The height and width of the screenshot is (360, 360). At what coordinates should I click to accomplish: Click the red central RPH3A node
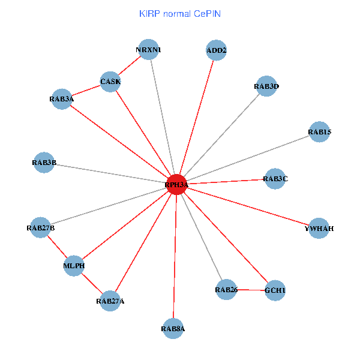(176, 185)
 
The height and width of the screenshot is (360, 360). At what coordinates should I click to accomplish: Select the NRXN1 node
(149, 50)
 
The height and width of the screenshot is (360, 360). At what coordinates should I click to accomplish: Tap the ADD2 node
(216, 50)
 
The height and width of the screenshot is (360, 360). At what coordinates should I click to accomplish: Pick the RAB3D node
(266, 86)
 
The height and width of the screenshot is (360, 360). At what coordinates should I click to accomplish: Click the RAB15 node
(319, 132)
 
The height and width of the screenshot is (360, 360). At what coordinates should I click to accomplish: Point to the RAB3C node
(275, 179)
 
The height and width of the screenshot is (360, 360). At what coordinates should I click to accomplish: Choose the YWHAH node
(319, 228)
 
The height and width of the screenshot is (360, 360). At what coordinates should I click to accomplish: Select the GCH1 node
(275, 290)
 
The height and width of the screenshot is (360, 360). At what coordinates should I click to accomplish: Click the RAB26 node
(226, 290)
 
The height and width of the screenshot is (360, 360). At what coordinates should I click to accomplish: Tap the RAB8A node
(173, 329)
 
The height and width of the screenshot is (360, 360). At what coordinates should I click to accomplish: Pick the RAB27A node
(110, 301)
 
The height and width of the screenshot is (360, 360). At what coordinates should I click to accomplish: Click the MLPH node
(74, 266)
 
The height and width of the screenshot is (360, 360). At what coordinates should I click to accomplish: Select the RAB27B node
(40, 227)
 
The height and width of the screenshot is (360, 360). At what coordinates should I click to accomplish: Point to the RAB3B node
(44, 163)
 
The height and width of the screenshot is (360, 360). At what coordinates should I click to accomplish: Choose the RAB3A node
(62, 99)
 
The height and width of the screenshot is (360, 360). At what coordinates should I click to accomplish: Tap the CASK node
(110, 82)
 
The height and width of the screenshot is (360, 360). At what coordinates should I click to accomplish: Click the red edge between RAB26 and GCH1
(250, 290)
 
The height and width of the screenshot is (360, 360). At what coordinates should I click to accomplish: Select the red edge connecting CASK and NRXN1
(129, 65)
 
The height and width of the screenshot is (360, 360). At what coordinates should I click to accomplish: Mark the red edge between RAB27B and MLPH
(57, 247)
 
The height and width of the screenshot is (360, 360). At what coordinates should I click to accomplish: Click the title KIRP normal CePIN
(180, 14)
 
